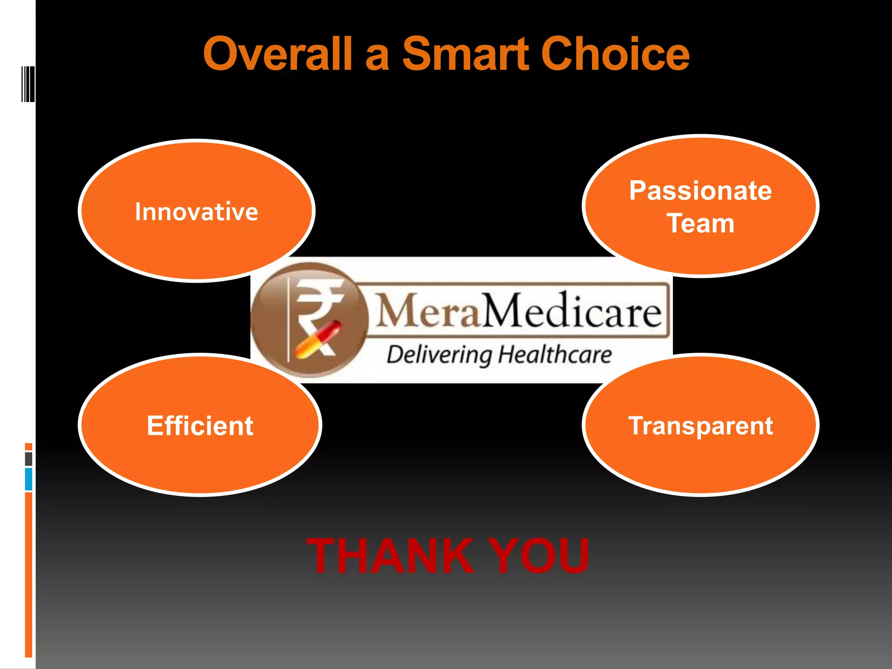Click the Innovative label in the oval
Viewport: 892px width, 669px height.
[196, 212]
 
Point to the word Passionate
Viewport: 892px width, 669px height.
[700, 191]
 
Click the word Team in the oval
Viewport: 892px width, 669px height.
[700, 223]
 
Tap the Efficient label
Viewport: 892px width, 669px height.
[200, 426]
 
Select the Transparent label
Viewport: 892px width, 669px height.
[700, 426]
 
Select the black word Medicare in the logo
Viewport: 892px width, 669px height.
[572, 311]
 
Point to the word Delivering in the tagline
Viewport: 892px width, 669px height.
[440, 355]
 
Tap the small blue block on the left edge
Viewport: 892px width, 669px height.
[29, 479]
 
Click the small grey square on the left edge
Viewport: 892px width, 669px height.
[29, 459]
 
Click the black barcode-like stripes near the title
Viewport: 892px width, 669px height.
[28, 84]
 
